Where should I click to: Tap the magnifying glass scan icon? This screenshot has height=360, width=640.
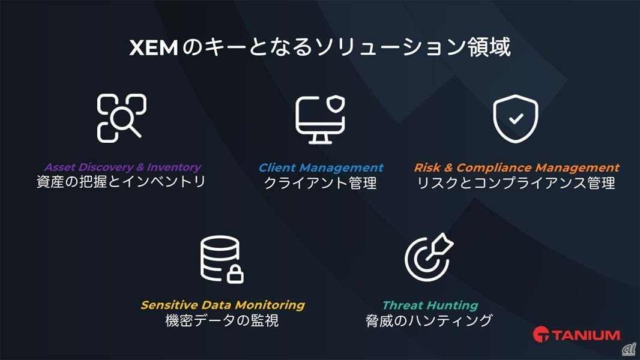pyautogui.click(x=121, y=118)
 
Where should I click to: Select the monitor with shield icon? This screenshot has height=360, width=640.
pyautogui.click(x=320, y=118)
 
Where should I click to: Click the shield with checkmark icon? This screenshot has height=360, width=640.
pyautogui.click(x=515, y=118)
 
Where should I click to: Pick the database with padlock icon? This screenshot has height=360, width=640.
pyautogui.click(x=222, y=259)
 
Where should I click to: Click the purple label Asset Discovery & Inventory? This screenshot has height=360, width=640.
pyautogui.click(x=122, y=167)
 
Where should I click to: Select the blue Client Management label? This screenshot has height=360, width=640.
pyautogui.click(x=321, y=168)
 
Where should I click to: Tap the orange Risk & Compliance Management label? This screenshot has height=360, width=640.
pyautogui.click(x=516, y=168)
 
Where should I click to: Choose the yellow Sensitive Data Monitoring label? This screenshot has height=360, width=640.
pyautogui.click(x=222, y=305)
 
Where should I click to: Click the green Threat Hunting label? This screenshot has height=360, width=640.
pyautogui.click(x=430, y=305)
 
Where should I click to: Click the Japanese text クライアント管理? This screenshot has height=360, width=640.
pyautogui.click(x=321, y=183)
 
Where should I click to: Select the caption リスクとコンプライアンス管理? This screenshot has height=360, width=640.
pyautogui.click(x=516, y=183)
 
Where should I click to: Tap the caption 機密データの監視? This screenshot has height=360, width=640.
pyautogui.click(x=222, y=320)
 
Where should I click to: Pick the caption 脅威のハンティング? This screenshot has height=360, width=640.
pyautogui.click(x=429, y=320)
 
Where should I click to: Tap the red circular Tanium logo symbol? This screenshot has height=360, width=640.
pyautogui.click(x=541, y=335)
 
